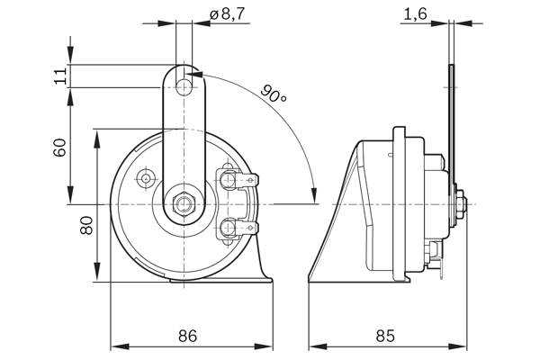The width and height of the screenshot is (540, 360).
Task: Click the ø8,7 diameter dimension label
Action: coord(227,13)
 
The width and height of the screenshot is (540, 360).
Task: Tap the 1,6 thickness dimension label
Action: coord(415,14)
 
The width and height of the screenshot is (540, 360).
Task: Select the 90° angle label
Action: coord(273,94)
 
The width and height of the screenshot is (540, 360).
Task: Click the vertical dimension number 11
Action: coord(60,76)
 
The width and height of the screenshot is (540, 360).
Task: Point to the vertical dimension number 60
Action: coord(59,148)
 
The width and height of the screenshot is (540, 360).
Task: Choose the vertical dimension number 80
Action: coord(86,225)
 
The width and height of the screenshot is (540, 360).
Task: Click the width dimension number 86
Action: coord(188,336)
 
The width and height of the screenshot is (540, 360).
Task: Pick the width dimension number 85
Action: coord(386,336)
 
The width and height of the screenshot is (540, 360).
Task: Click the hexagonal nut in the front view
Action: coord(184,204)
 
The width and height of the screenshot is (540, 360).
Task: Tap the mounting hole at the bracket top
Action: coord(184,87)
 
